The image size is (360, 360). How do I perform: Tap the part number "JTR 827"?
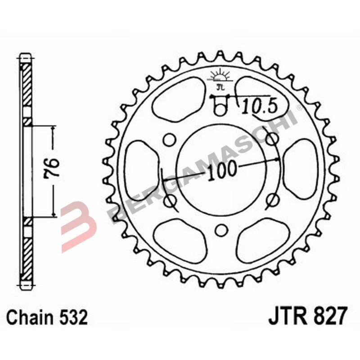(308, 317)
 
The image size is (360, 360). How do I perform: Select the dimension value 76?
(53, 170)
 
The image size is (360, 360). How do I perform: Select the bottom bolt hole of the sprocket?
(220, 230)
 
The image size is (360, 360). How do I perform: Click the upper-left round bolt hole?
(170, 140)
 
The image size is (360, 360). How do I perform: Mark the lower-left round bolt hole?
(171, 199)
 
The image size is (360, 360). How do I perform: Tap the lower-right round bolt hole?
(271, 199)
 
